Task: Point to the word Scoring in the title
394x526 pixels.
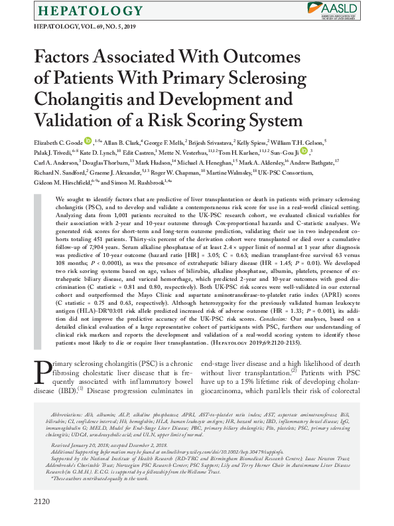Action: point(215,122)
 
